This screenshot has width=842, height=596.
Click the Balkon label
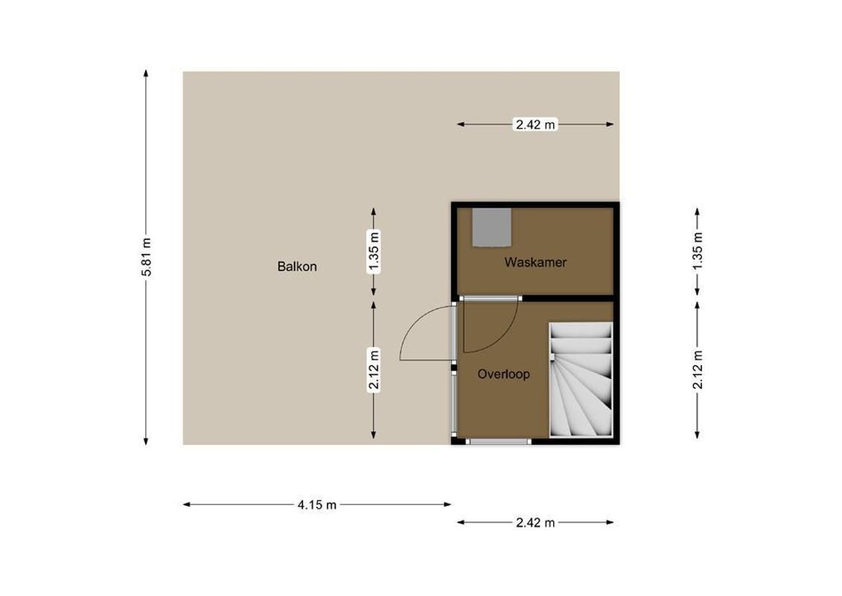pyautogui.click(x=297, y=266)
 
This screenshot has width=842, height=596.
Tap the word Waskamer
pyautogui.click(x=535, y=262)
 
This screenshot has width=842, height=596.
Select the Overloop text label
pyautogui.click(x=504, y=374)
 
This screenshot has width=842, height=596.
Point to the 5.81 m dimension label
pyautogui.click(x=147, y=257)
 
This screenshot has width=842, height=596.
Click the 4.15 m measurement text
pyautogui.click(x=317, y=505)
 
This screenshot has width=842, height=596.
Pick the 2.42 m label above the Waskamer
pyautogui.click(x=536, y=124)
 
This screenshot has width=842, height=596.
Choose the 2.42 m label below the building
pyautogui.click(x=536, y=522)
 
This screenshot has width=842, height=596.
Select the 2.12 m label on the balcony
pyautogui.click(x=374, y=370)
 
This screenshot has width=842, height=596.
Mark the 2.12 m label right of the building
pyautogui.click(x=698, y=370)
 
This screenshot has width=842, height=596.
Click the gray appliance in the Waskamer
pyautogui.click(x=491, y=226)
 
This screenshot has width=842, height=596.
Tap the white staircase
pyautogui.click(x=581, y=380)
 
